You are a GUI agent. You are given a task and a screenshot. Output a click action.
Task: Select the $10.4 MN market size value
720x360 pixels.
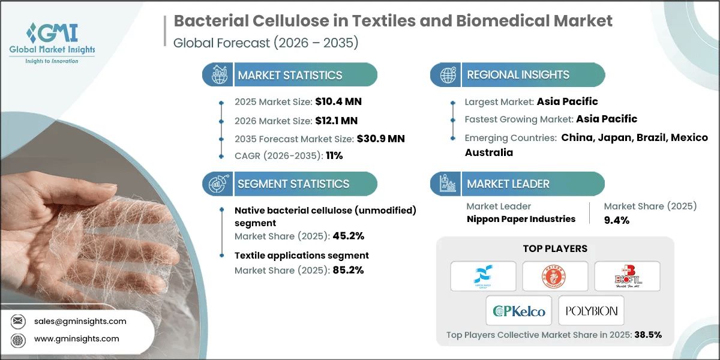[x=338, y=101]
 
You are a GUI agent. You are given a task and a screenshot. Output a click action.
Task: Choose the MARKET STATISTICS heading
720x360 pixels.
[x=290, y=75]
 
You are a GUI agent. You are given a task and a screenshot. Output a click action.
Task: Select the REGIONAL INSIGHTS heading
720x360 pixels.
[x=518, y=75]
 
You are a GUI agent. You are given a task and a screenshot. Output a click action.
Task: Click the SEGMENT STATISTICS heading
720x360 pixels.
[x=293, y=184]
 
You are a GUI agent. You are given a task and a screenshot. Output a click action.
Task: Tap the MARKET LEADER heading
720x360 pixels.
[x=508, y=184]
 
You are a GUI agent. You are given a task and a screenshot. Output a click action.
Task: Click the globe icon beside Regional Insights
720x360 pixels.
[x=448, y=76]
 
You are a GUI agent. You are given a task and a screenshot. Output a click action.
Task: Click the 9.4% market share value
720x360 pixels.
[x=617, y=220]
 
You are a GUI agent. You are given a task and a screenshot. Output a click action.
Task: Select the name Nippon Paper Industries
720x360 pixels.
[x=521, y=219]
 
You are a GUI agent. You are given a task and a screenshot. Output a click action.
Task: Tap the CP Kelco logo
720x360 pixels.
[x=519, y=311]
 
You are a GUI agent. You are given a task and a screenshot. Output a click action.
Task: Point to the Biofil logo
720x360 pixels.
[x=627, y=276]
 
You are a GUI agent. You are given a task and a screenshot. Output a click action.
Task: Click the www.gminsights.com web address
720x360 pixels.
[x=76, y=339]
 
